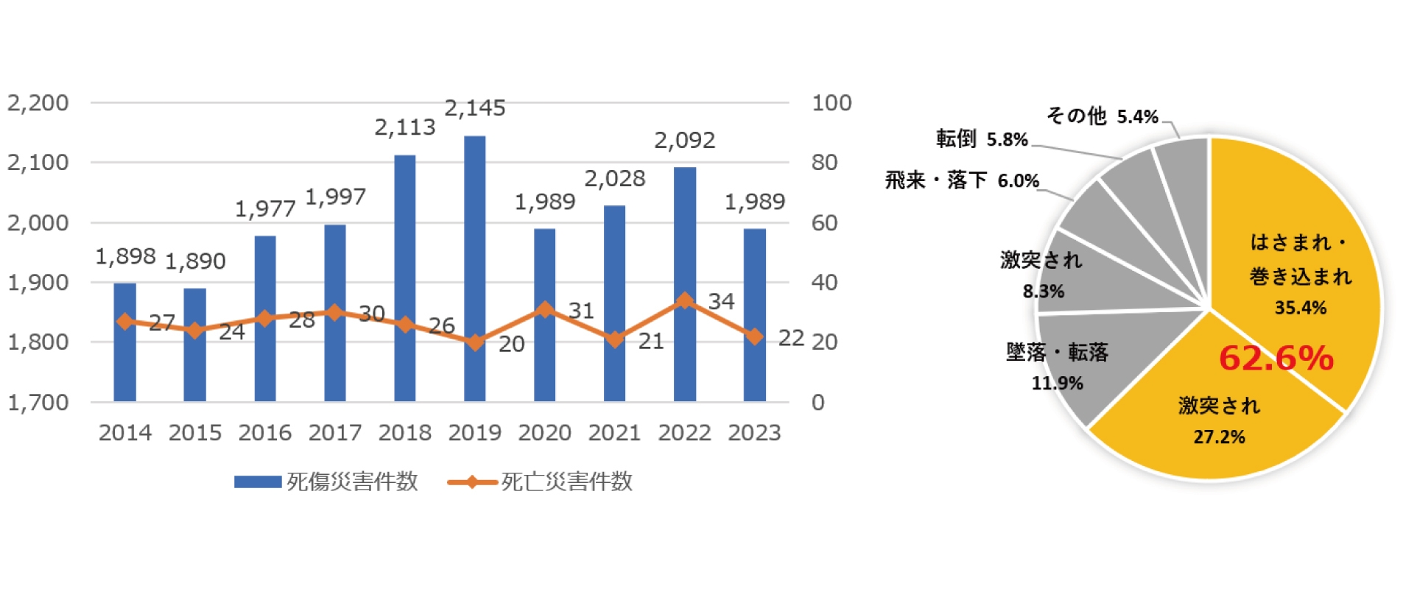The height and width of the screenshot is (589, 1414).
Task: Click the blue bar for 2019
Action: [474, 269]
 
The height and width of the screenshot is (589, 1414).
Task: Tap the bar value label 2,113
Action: [404, 127]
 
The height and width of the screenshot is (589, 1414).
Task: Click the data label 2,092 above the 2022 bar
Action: [684, 140]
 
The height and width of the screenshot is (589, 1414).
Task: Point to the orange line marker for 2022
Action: [684, 300]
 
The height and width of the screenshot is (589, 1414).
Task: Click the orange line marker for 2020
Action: [544, 309]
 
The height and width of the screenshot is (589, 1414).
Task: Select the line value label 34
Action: [721, 301]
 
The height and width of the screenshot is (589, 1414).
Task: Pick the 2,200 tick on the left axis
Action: [38, 103]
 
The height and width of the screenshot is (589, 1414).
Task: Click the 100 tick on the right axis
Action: [831, 103]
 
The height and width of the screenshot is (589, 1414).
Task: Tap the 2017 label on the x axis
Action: [334, 433]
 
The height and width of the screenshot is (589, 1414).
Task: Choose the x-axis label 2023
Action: [754, 433]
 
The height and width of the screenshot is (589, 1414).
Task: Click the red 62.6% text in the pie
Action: [1276, 359]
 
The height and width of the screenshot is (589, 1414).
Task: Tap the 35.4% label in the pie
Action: [1300, 308]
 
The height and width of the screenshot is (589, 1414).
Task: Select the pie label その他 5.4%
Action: [1102, 116]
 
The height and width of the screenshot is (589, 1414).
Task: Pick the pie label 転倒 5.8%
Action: [982, 139]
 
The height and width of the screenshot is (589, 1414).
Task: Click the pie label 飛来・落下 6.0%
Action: [962, 180]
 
